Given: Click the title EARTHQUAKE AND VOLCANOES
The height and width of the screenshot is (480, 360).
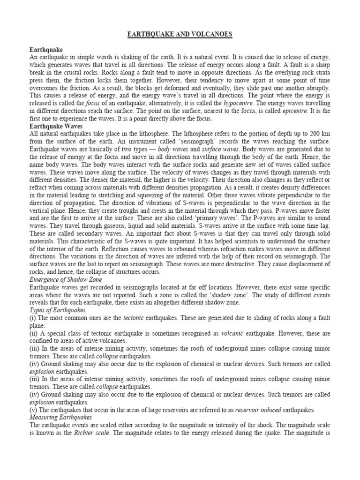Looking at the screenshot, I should [180, 35].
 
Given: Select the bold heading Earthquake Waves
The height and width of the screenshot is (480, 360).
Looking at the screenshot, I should [57, 126].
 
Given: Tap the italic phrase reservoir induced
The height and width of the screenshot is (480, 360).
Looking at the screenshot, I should [260, 409].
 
